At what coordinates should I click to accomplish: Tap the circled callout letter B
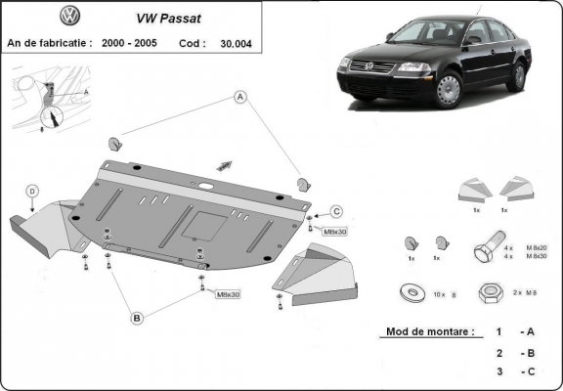(138, 318)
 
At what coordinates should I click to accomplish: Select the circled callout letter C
(336, 211)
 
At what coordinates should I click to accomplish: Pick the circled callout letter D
(32, 190)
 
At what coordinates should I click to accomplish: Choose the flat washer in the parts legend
(411, 291)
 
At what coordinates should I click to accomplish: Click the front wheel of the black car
(448, 90)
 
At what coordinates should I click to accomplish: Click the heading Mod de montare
(429, 333)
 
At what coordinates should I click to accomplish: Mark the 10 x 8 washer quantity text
(441, 292)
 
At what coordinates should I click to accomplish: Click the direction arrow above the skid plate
(225, 164)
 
